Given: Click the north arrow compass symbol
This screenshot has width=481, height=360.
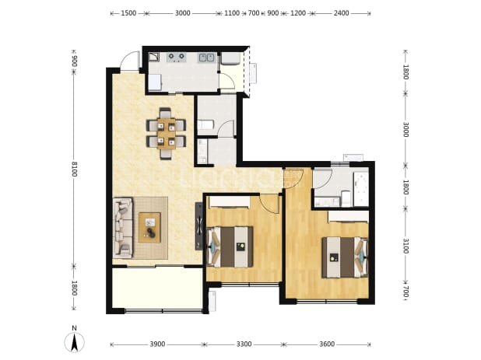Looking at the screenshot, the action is click(74, 340).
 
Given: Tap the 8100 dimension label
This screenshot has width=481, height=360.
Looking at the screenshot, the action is click(74, 169).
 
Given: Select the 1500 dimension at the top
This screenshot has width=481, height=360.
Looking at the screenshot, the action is click(128, 13).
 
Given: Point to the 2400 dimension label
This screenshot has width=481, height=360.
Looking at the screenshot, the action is click(341, 13).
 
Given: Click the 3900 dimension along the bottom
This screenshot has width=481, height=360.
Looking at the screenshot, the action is click(157, 344).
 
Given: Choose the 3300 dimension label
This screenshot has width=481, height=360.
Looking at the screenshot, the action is click(244, 344).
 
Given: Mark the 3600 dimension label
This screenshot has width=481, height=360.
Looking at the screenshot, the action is click(327, 344).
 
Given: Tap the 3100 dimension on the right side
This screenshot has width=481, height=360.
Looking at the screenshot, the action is click(406, 246).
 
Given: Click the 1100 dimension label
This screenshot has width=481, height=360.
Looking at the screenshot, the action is click(232, 13).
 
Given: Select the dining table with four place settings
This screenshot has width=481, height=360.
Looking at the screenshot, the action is click(166, 134).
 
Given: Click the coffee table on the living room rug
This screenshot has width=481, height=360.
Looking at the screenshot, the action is click(149, 227).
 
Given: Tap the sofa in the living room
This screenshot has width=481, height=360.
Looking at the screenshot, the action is click(123, 227).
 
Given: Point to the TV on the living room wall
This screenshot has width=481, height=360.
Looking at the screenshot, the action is click(198, 226).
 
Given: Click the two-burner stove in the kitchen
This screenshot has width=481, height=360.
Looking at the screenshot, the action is click(177, 57).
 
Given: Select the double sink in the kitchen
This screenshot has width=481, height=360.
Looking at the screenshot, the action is click(206, 57).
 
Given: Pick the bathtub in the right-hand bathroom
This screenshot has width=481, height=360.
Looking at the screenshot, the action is click(361, 189).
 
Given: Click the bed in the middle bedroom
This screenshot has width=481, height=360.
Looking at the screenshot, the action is click(230, 246).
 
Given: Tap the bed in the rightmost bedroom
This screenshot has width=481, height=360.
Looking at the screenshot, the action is click(345, 257).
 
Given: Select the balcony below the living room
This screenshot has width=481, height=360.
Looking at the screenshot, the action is click(157, 288).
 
